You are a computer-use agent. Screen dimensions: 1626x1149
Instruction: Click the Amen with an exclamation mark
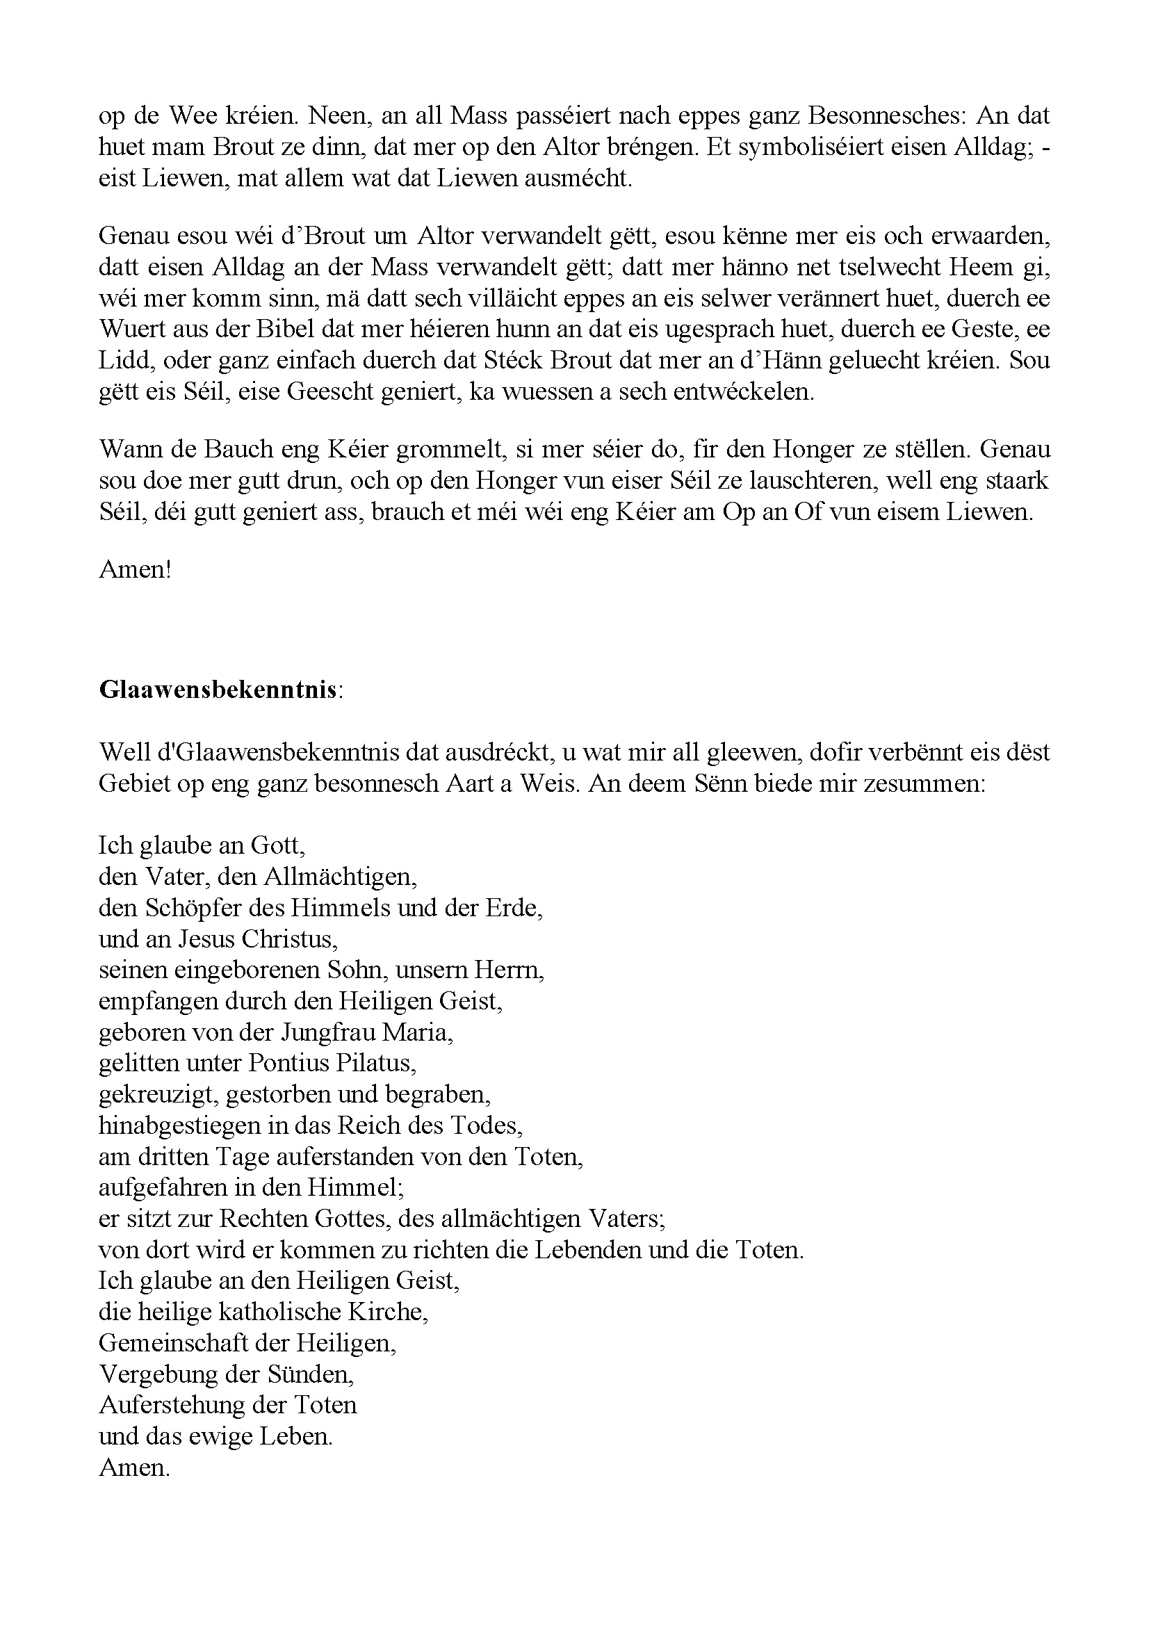(136, 569)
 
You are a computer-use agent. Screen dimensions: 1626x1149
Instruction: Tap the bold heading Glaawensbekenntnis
(218, 690)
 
